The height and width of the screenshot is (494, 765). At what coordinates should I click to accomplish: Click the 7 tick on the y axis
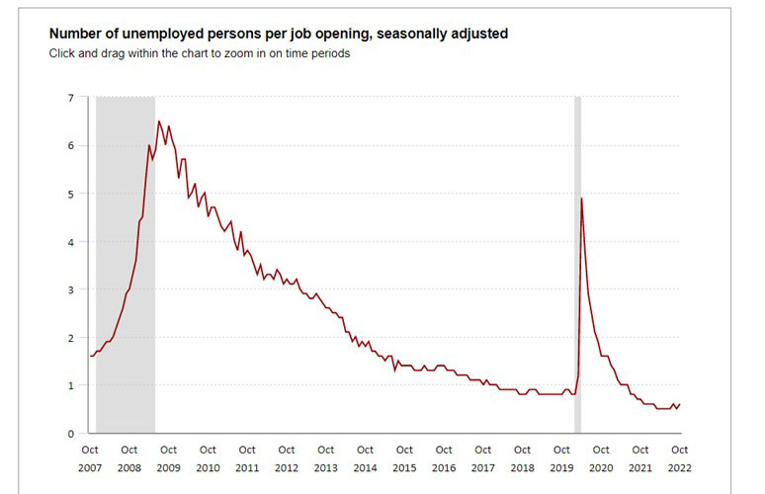point(71,97)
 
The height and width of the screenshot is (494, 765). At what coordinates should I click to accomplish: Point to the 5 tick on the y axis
point(71,194)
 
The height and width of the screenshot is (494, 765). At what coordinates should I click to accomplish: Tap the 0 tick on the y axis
point(71,434)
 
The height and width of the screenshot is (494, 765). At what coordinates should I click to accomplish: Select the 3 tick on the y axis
point(71,289)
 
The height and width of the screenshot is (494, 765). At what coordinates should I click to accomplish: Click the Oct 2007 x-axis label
point(89,458)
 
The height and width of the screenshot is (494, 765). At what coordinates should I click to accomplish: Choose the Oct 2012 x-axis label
point(286,458)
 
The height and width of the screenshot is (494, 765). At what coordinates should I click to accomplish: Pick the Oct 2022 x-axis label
point(680,458)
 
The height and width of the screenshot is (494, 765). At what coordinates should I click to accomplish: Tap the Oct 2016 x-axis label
point(444,458)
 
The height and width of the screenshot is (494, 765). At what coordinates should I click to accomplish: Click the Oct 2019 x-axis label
point(561,458)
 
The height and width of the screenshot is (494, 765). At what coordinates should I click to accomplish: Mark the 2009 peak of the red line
point(159,122)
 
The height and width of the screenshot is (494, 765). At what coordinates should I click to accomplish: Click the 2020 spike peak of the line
point(581,199)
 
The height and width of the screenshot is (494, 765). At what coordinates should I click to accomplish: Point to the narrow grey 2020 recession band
point(577,296)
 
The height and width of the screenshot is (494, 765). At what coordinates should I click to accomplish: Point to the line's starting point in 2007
point(90,356)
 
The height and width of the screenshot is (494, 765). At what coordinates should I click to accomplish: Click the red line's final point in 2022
point(680,404)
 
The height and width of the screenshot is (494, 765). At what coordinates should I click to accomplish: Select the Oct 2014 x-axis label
point(365,458)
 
